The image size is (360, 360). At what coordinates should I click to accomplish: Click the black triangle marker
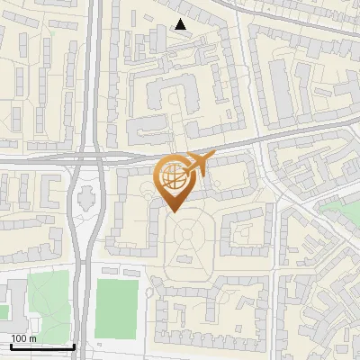click(181, 24)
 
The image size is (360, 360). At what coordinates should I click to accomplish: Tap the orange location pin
click(175, 180)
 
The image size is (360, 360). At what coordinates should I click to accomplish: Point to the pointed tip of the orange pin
click(175, 211)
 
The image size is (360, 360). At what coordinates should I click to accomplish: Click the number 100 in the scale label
click(19, 338)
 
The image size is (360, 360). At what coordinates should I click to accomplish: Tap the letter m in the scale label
click(32, 338)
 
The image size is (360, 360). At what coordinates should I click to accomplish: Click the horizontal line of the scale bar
click(41, 347)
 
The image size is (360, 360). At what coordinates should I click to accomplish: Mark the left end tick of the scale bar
click(11, 346)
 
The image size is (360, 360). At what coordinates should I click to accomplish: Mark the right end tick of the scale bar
click(73, 346)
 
